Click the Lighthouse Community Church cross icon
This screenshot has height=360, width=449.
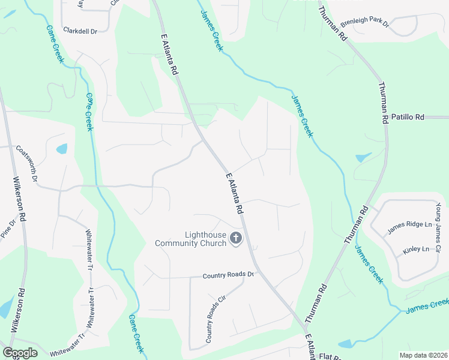pyautogui.click(x=236, y=239)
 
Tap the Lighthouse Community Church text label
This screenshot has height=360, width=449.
pyautogui.click(x=191, y=239)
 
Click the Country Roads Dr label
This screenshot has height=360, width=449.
pyautogui.click(x=229, y=275)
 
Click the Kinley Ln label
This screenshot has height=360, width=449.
pyautogui.click(x=417, y=249)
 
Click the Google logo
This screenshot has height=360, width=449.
pyautogui.click(x=20, y=353)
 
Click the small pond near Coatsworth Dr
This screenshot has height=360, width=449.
pyautogui.click(x=61, y=149)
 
